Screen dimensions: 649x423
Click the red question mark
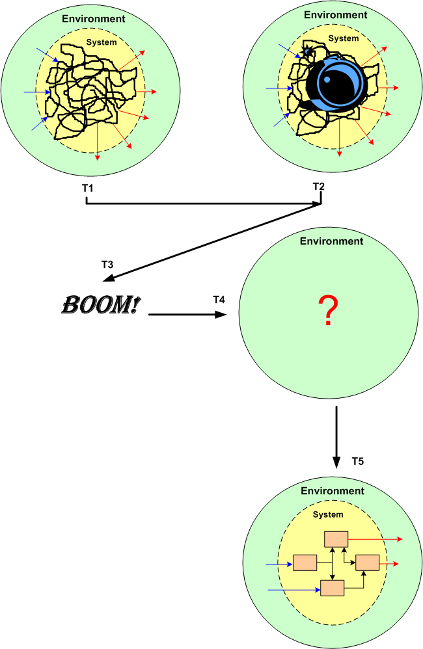click(329, 310)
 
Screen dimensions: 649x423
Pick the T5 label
click(357, 462)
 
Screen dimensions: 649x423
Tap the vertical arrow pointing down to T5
click(336, 436)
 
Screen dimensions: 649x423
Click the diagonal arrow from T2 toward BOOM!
click(215, 241)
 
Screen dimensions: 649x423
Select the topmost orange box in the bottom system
click(336, 538)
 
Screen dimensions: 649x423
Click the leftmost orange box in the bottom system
click(305, 563)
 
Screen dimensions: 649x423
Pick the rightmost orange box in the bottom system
click(367, 563)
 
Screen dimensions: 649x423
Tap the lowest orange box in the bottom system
click(332, 588)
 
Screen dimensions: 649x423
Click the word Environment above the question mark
click(331, 241)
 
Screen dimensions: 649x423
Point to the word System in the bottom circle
click(328, 514)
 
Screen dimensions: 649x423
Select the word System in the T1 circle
click(102, 42)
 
